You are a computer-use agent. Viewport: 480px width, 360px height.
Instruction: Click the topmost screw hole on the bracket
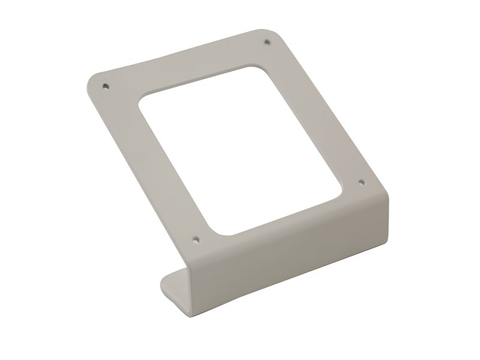pos(266,43)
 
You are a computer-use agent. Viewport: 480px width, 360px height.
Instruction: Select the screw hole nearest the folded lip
pos(196,238)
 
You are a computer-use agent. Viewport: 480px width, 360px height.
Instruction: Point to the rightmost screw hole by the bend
pos(361,181)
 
